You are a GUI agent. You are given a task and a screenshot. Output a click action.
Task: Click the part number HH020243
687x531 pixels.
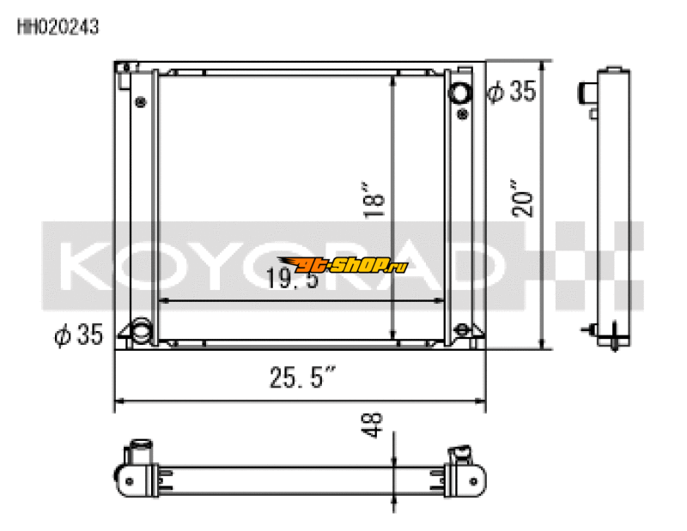(58, 27)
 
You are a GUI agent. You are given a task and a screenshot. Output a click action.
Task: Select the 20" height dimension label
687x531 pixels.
(524, 199)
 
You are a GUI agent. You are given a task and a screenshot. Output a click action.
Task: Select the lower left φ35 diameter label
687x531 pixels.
(78, 335)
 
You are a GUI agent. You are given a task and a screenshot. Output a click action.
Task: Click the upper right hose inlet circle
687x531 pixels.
(461, 92)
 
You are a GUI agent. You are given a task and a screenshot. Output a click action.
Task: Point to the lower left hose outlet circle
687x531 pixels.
(139, 329)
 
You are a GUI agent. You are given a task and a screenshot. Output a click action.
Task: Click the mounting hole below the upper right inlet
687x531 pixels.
(462, 113)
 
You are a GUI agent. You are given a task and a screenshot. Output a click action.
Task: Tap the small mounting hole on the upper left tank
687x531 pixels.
(140, 101)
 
